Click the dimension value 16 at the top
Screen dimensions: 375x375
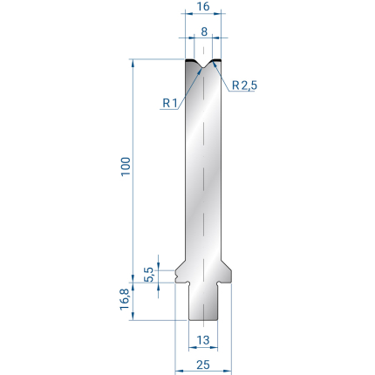pos(203,6)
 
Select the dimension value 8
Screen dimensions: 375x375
pos(204,31)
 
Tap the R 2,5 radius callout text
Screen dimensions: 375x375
pos(244,85)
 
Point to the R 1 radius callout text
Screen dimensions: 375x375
pos(170,103)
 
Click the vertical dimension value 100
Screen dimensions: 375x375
pos(126,167)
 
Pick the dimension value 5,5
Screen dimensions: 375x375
pos(148,275)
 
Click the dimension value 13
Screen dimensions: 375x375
pos(203,339)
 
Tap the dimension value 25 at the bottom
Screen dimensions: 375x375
pos(203,365)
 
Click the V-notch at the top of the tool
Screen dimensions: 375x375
pos(203,65)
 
